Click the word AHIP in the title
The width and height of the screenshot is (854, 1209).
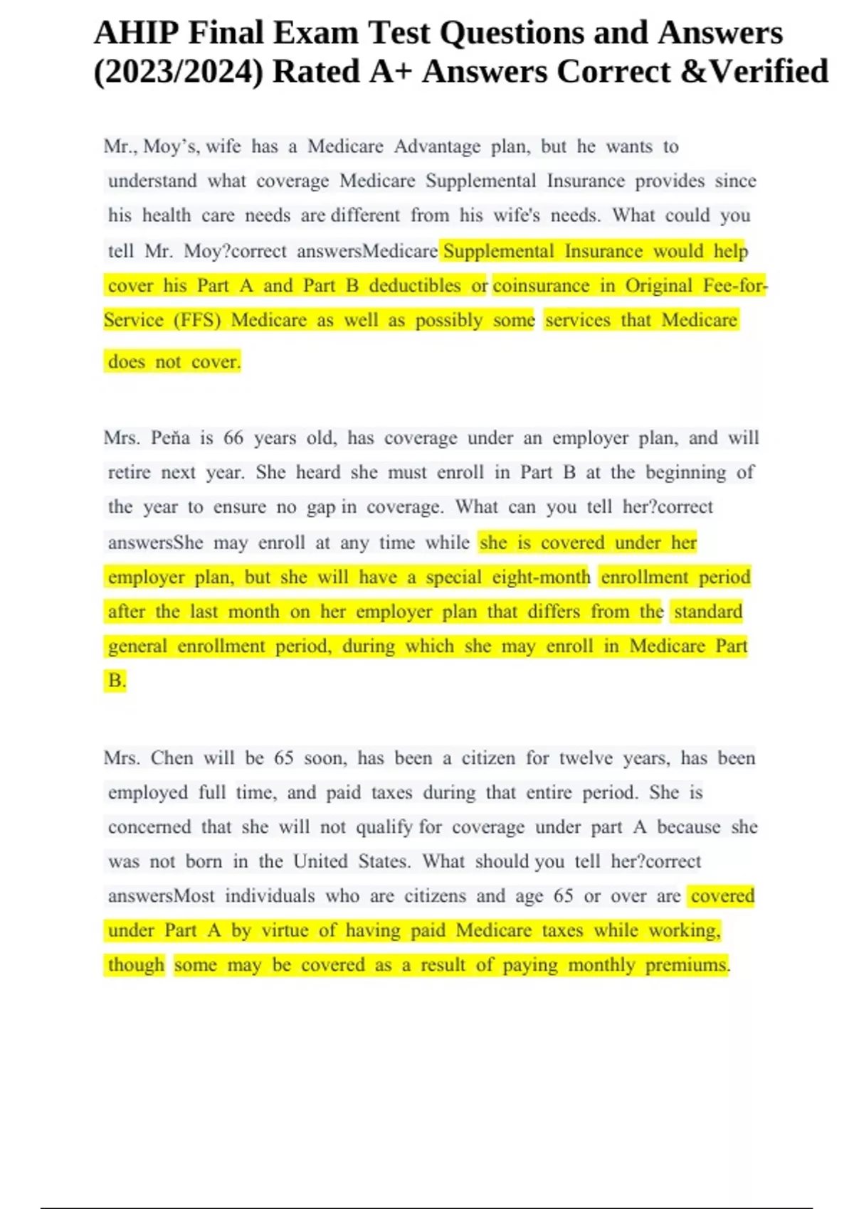(136, 33)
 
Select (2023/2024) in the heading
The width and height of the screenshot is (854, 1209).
(177, 72)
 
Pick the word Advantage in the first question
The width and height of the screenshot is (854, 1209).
(437, 147)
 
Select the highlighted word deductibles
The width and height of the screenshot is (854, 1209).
(414, 285)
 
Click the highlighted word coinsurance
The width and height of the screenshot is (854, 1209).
(541, 285)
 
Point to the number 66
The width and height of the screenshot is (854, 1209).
(233, 437)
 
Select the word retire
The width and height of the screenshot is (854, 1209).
(129, 472)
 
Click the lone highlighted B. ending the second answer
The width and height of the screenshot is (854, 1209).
(116, 681)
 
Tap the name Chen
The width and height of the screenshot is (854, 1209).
(172, 758)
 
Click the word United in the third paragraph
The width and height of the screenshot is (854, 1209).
(320, 861)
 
